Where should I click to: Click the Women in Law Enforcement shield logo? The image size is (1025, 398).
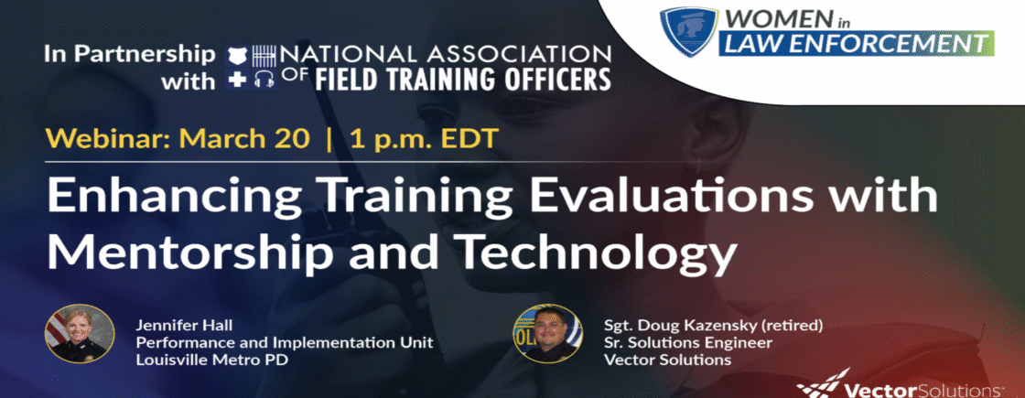[687, 31]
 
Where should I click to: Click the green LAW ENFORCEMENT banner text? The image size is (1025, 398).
[857, 45]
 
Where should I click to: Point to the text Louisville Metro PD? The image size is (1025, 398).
[195, 360]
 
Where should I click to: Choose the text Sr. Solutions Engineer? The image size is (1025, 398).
[687, 342]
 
